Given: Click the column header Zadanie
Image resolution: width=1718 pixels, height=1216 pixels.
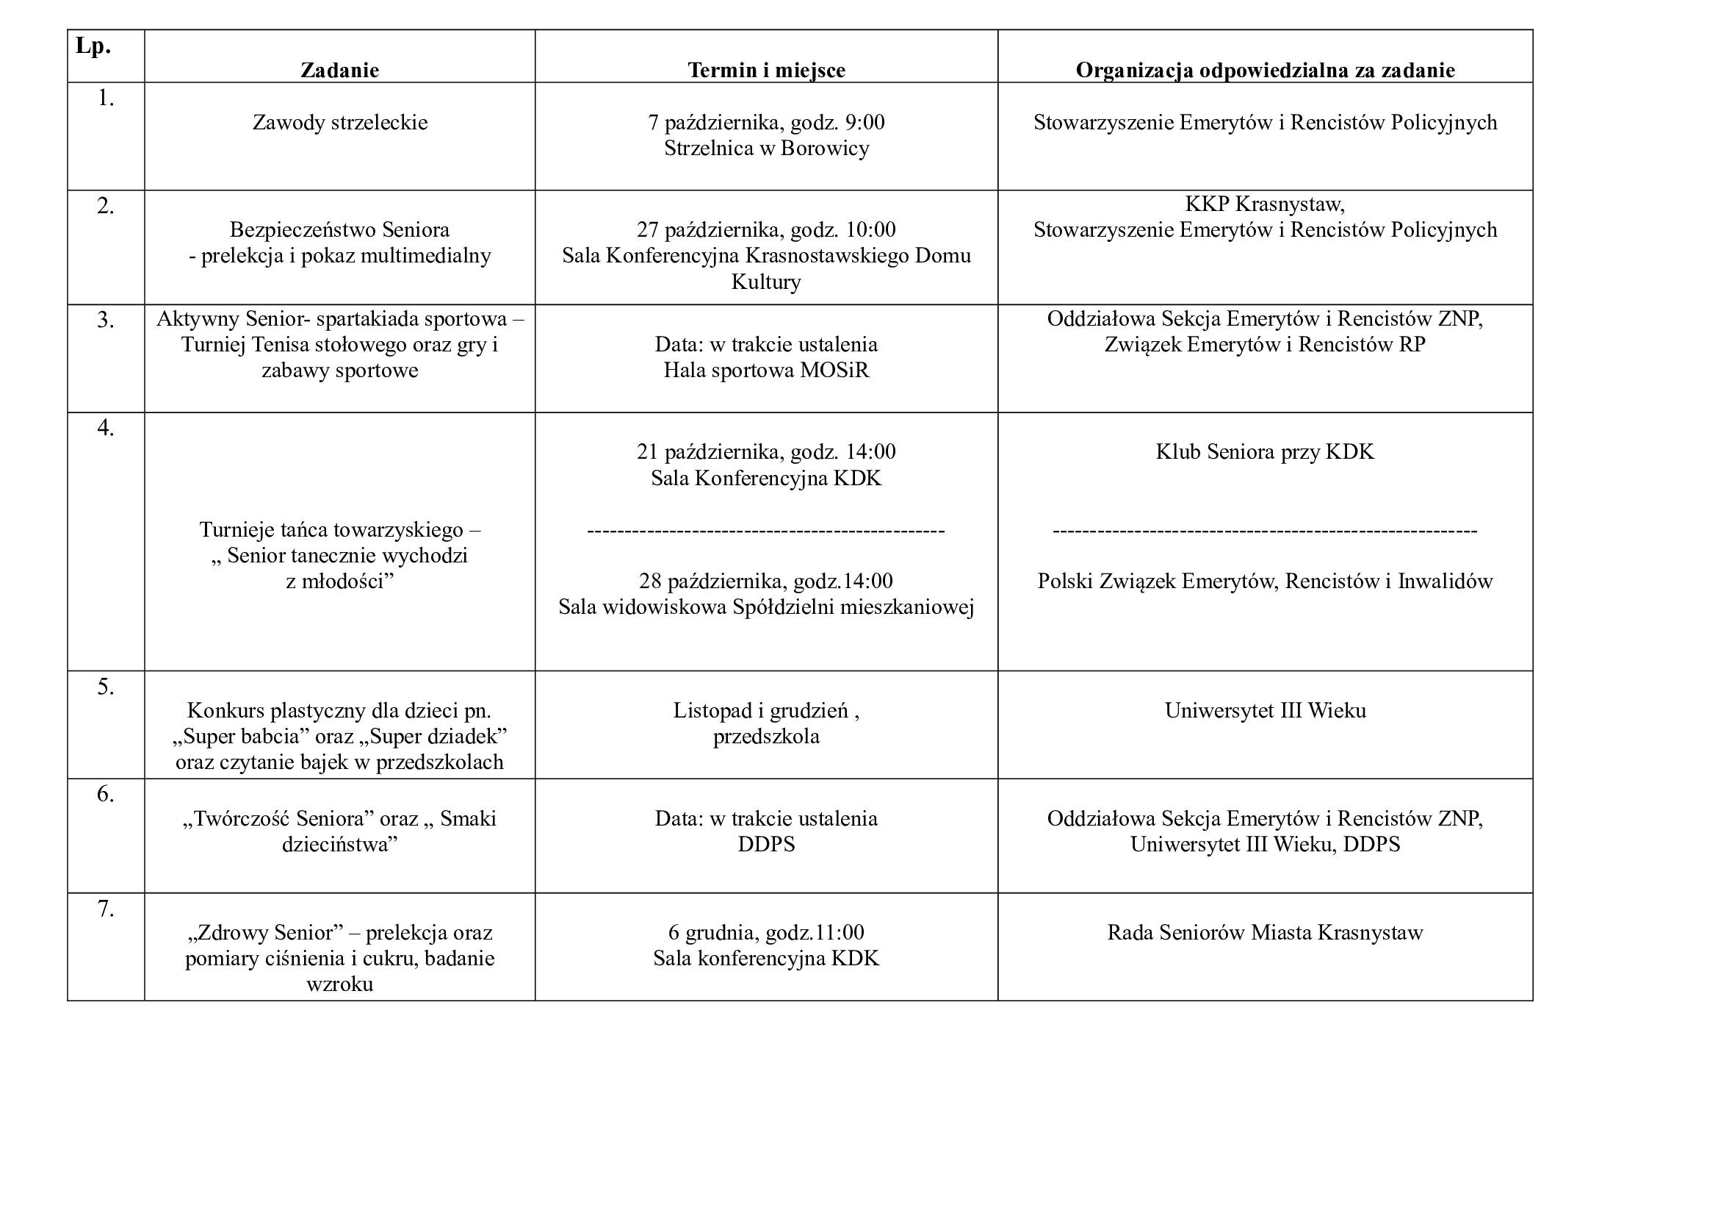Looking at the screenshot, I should [x=340, y=70].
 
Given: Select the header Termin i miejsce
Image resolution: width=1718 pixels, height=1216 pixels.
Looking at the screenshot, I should [x=766, y=70].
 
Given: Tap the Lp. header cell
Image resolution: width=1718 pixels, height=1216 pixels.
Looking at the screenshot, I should [x=93, y=46].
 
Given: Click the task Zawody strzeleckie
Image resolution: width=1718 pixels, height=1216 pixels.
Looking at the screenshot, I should [x=340, y=122].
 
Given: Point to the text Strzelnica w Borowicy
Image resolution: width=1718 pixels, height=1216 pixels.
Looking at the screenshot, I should [x=766, y=149].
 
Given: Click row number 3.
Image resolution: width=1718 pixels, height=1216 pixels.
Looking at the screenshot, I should [x=106, y=320].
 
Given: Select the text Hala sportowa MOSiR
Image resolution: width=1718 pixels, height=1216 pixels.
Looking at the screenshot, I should [x=766, y=370].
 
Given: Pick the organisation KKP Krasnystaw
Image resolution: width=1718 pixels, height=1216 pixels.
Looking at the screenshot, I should [x=1265, y=204].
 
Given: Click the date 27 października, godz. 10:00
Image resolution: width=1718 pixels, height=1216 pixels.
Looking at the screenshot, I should [x=766, y=229].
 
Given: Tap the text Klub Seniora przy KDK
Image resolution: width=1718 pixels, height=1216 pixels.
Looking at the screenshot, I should [x=1265, y=451].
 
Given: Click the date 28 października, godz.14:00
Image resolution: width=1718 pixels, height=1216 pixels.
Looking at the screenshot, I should [x=766, y=581].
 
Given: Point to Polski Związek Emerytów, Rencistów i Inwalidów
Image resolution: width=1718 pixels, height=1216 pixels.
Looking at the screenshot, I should [x=1265, y=581].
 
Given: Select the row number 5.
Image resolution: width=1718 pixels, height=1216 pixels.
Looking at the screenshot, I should [x=106, y=687].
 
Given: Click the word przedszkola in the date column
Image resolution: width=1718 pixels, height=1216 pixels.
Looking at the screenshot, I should [x=766, y=736].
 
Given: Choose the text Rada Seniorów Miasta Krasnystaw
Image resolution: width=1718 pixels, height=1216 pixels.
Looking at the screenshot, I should [x=1265, y=932].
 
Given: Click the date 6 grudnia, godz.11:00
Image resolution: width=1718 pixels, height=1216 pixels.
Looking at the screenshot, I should [x=766, y=932].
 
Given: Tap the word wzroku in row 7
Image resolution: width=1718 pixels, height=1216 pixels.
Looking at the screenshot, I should [x=340, y=984].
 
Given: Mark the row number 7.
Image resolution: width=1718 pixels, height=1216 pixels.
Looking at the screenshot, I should [x=106, y=908].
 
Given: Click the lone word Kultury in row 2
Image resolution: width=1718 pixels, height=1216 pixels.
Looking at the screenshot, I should [x=766, y=282].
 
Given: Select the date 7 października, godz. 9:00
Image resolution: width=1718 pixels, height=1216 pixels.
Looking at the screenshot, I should [x=766, y=122].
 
